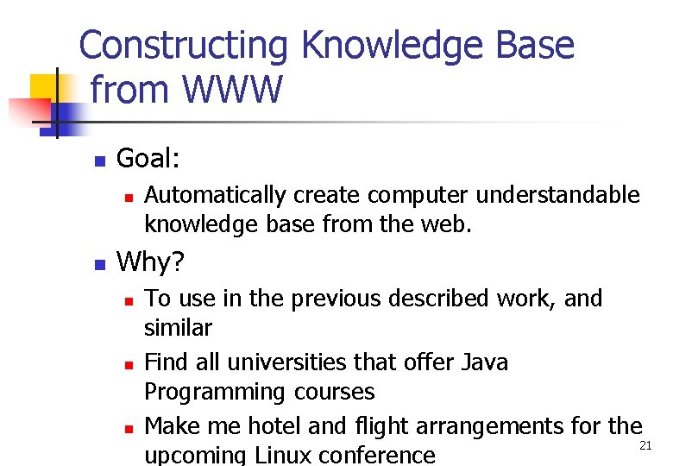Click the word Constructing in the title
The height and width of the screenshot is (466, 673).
coord(184,46)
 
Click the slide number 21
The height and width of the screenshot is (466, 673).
coord(645,445)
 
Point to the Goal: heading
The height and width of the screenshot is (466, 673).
coord(148,159)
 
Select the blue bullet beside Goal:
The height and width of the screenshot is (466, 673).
coord(100,161)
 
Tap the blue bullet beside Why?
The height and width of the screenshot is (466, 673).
coord(100,264)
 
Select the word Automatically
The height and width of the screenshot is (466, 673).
coord(215,197)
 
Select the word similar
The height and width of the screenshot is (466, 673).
coord(178,329)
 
